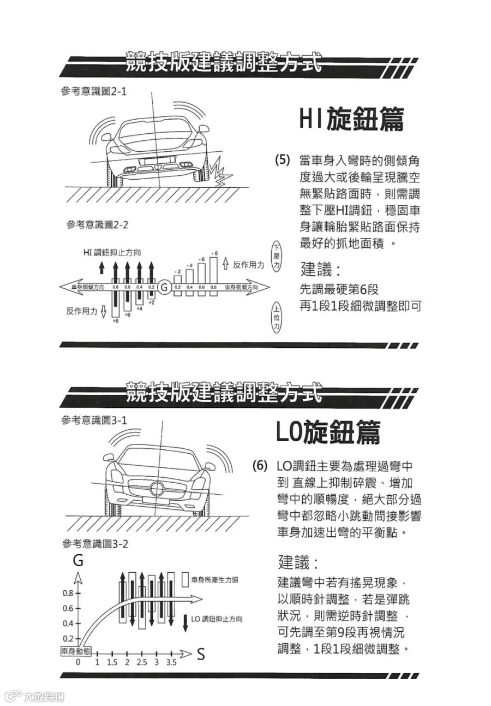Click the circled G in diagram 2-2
164,287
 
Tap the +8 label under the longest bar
115,322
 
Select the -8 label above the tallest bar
214,253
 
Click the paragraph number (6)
260,466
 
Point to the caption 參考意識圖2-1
93,91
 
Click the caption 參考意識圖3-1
94,420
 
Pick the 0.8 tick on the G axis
68,593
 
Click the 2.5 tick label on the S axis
141,663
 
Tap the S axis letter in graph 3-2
201,654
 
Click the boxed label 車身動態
76,651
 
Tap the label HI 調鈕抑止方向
112,252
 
